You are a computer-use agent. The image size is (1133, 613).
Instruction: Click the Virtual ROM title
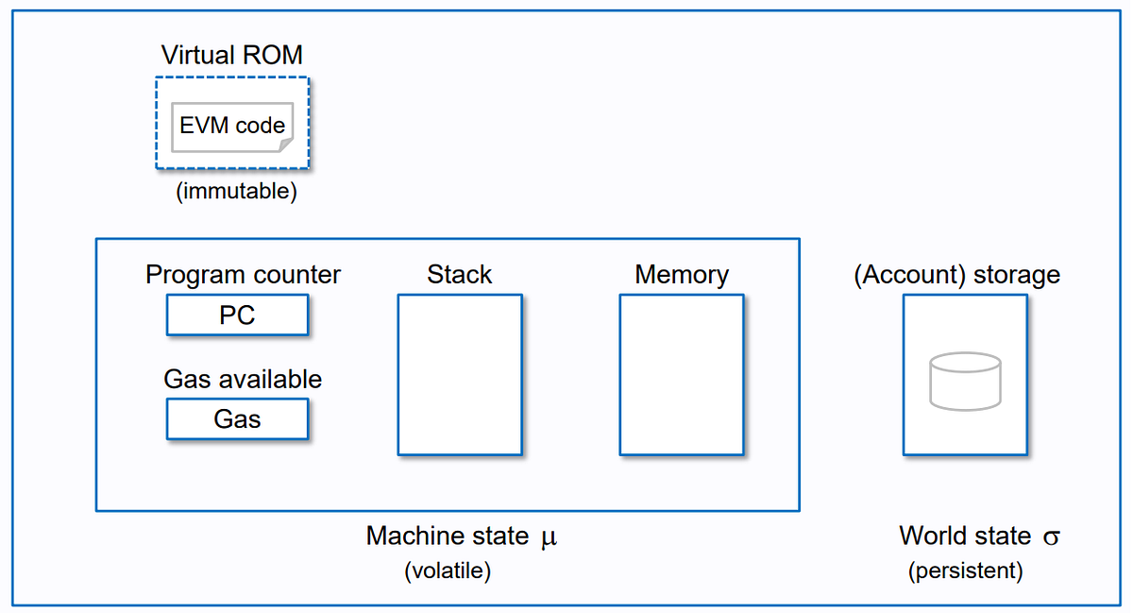pos(232,54)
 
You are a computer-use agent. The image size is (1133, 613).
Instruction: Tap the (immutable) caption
pos(236,192)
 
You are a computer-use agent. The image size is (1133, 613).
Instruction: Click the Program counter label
pos(243,275)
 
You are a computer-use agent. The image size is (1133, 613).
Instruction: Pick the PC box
pos(237,315)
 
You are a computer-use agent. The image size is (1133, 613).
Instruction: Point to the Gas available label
pos(243,379)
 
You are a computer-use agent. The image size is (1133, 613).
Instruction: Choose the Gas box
pos(237,419)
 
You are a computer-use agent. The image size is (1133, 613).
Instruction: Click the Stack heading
pos(459,275)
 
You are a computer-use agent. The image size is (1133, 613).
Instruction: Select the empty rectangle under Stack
pos(459,375)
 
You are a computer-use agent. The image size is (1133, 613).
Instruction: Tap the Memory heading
pos(682,275)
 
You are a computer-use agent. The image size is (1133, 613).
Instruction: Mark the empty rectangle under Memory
pos(682,375)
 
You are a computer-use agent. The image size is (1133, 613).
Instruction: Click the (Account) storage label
pos(956,275)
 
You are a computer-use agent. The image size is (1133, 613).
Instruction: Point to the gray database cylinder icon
pos(965,381)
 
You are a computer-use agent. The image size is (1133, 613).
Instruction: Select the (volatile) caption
pos(448,570)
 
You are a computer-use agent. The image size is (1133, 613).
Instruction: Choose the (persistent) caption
pos(965,570)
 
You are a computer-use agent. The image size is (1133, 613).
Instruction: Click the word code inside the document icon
pos(261,125)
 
